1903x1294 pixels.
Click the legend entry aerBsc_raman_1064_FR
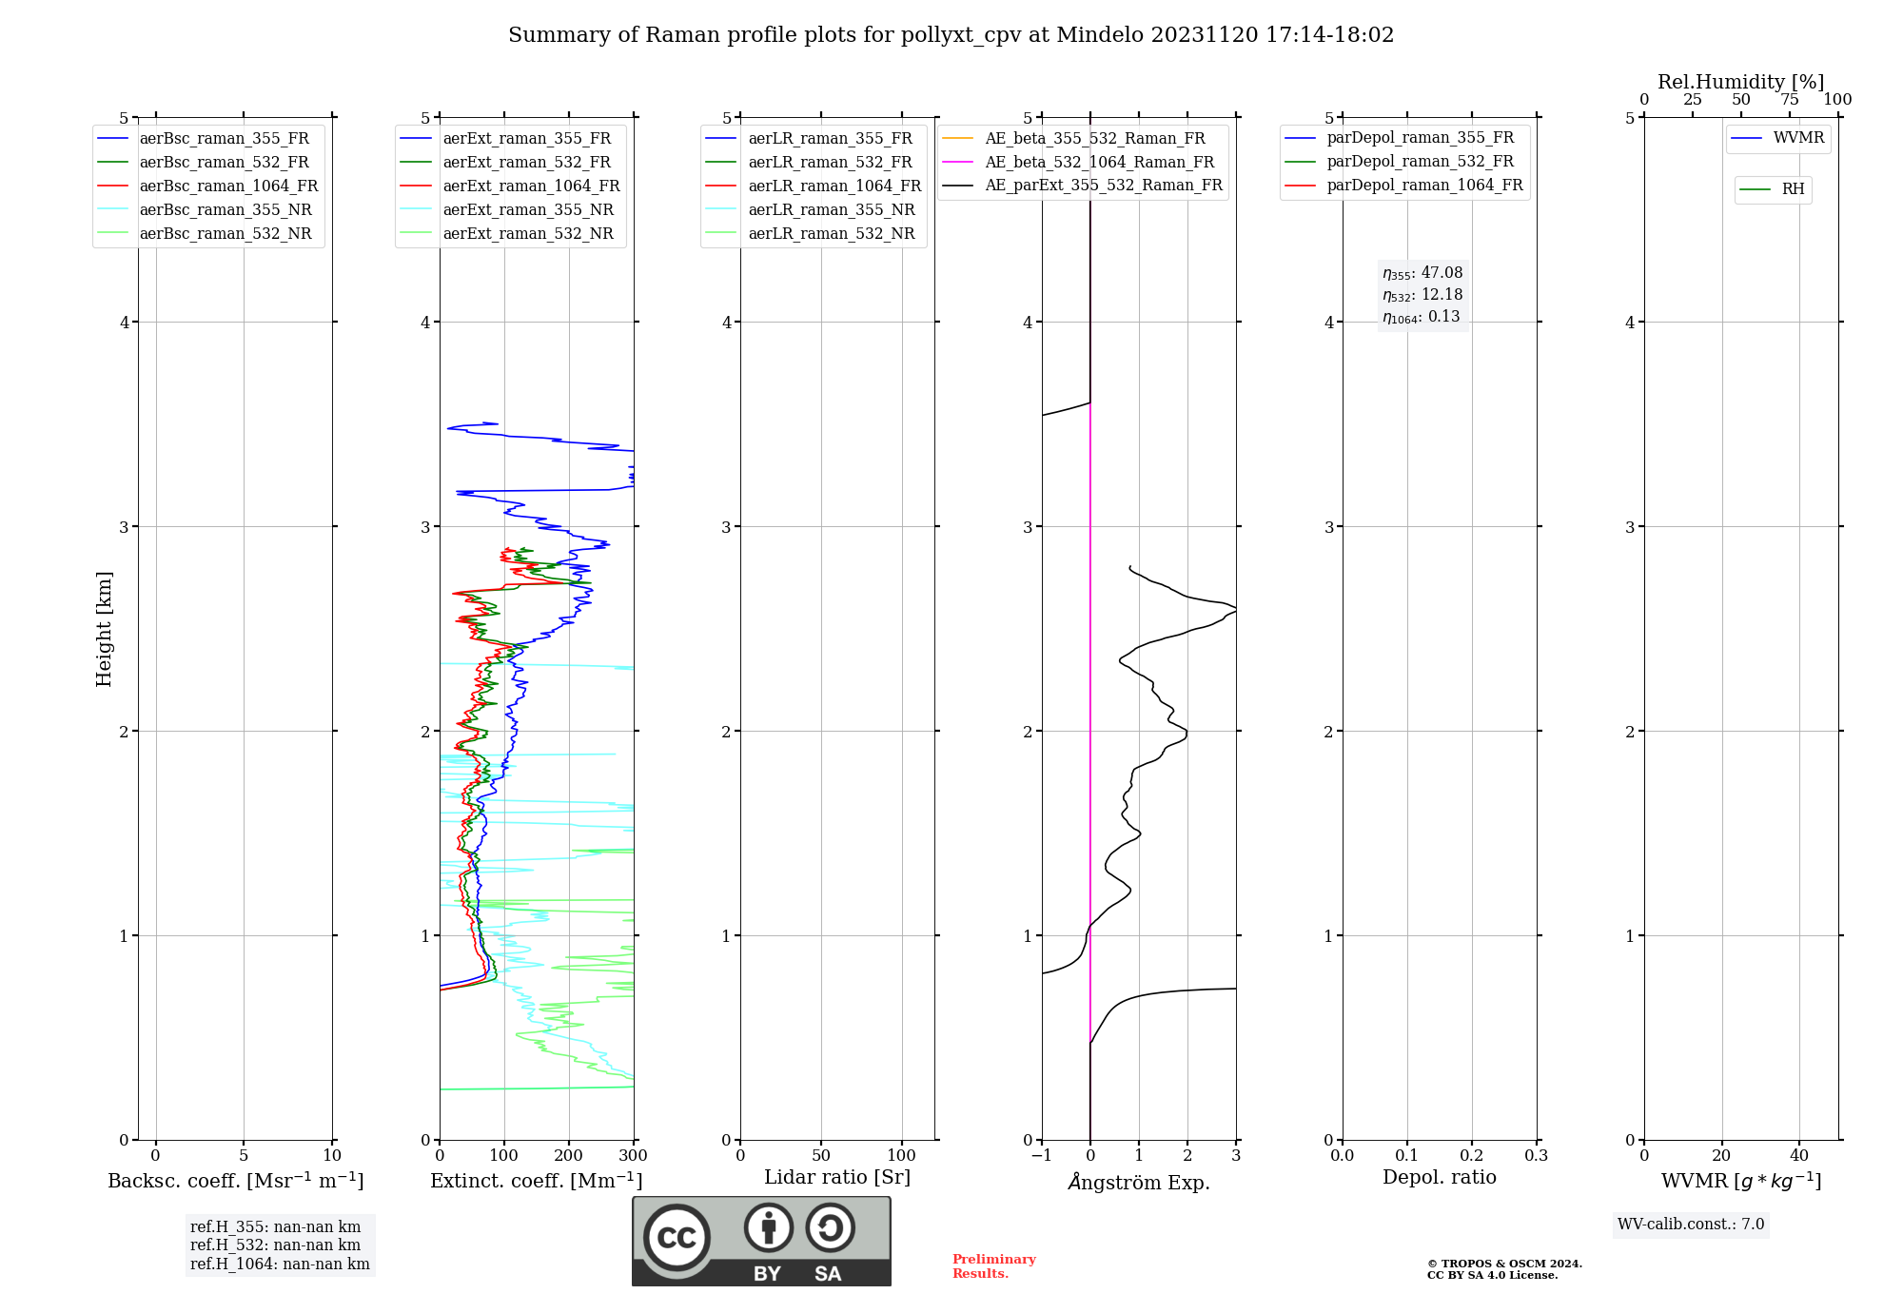[228, 186]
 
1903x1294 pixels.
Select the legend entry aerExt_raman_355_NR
[528, 210]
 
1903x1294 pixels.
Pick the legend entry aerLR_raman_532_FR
[830, 163]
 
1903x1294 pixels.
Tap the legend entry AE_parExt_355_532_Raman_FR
[1103, 186]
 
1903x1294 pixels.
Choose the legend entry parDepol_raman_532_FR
[1420, 162]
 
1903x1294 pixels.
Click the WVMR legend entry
[1798, 138]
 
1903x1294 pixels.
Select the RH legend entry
[1793, 189]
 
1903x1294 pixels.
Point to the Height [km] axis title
[104, 628]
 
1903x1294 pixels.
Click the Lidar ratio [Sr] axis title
[837, 1177]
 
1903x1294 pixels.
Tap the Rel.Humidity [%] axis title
[1740, 82]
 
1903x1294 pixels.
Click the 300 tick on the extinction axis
[633, 1156]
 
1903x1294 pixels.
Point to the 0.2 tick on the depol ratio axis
[1472, 1156]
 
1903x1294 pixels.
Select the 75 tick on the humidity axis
[1790, 100]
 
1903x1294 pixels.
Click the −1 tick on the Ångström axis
[1042, 1156]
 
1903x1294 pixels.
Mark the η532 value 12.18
[1442, 295]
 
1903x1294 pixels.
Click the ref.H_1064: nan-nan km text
[280, 1265]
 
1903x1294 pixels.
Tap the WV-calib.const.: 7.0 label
[1691, 1225]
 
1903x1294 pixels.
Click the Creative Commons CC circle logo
[677, 1237]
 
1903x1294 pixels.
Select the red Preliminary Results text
[993, 1266]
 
